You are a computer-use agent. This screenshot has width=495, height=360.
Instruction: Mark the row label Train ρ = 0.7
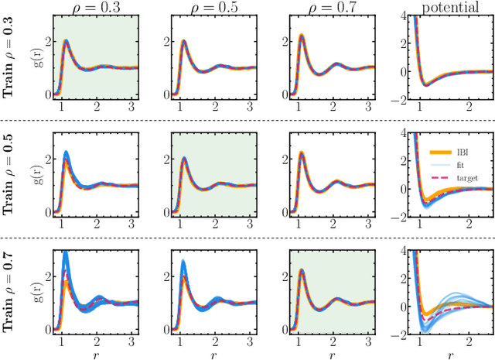coord(11,293)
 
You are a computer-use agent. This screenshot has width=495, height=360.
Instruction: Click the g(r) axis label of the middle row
coord(32,174)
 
